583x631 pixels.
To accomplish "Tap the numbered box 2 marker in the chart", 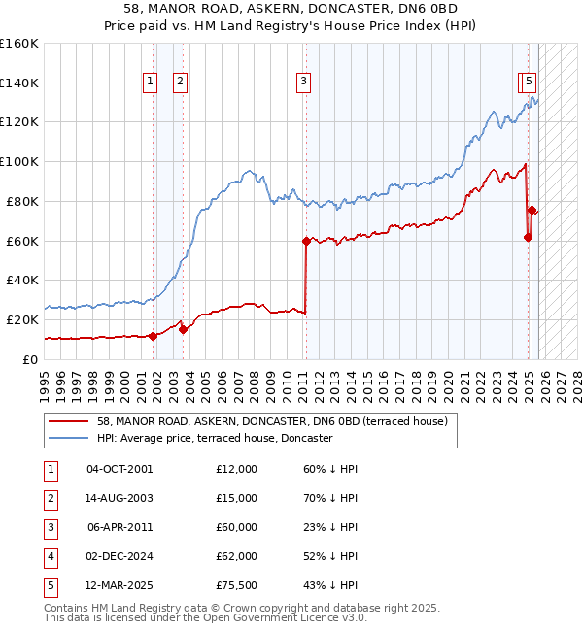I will tap(181, 83).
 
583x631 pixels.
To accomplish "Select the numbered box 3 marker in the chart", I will tap(304, 83).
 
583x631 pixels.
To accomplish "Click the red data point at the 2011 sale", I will tap(306, 240).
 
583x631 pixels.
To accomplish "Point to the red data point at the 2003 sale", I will tap(183, 329).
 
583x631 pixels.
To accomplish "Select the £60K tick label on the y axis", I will tap(21, 241).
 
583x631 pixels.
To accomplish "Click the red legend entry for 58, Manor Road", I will tap(271, 422).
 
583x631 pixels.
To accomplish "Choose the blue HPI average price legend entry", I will tap(215, 439).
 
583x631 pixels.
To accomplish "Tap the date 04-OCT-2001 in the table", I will tap(120, 469).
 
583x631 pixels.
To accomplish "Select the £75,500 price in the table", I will tap(237, 585).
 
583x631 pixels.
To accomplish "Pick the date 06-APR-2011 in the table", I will tap(120, 527).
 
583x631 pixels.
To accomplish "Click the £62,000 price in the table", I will tap(237, 556).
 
